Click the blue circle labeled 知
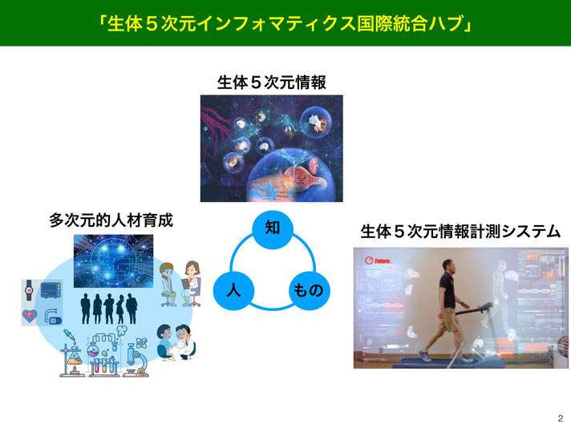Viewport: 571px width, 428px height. (273, 229)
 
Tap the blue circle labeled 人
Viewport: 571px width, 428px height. (233, 290)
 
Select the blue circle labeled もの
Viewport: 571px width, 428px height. (310, 290)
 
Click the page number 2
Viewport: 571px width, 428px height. (561, 418)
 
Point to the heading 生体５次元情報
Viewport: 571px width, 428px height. (271, 83)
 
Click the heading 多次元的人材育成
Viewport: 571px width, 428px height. (111, 220)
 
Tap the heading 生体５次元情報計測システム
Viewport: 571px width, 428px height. (460, 232)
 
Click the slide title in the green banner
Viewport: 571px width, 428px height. (285, 24)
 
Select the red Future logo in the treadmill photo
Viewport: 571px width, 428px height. (379, 260)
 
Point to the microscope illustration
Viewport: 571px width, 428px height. (136, 361)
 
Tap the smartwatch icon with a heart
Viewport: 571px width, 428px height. (29, 291)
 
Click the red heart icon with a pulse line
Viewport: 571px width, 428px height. (30, 315)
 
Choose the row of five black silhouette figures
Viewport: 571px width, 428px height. (109, 309)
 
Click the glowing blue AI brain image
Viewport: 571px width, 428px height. (114, 261)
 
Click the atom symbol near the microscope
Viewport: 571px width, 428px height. (141, 343)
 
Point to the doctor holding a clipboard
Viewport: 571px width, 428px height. (191, 284)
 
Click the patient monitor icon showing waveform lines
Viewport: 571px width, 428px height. (51, 290)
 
